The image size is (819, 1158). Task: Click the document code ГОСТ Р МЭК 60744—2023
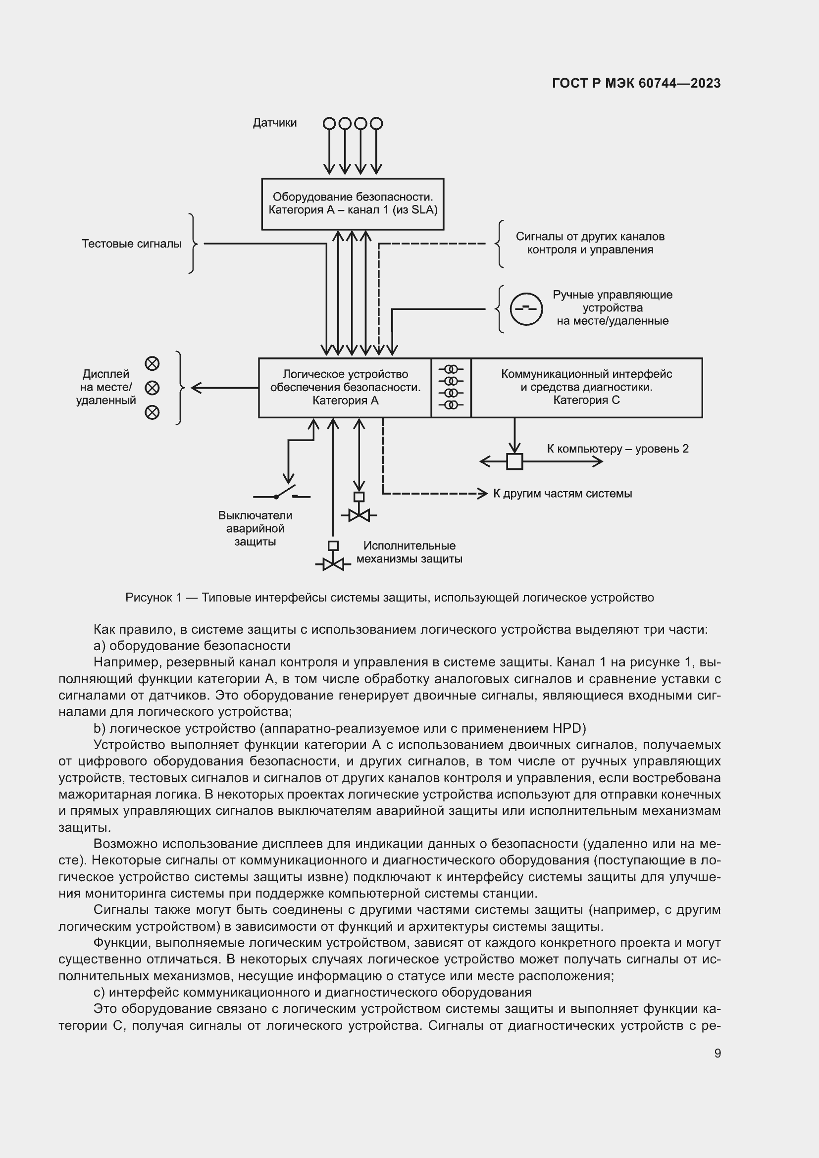tap(636, 83)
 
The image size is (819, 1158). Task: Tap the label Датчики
tap(274, 123)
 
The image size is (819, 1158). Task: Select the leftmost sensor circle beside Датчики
tap(329, 123)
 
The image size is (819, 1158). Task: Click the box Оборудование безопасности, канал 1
tap(353, 204)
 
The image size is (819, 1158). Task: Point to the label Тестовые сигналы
tap(132, 244)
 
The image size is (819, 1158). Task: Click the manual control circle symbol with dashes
tap(526, 308)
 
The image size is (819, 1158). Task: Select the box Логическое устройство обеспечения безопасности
tap(345, 387)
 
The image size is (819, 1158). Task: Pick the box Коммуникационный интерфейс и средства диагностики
tap(586, 387)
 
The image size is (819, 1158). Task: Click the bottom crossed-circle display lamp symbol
tap(152, 412)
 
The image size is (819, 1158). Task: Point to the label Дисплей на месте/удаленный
tap(106, 387)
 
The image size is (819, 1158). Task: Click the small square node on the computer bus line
tap(514, 461)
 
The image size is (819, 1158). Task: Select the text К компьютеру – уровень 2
tap(617, 449)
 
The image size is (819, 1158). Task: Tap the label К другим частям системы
tap(563, 494)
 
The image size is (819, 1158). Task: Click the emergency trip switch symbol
tap(282, 494)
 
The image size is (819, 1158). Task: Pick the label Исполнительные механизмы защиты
tap(409, 553)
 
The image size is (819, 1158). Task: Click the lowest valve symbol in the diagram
tap(333, 563)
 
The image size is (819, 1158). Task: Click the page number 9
tap(717, 1054)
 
